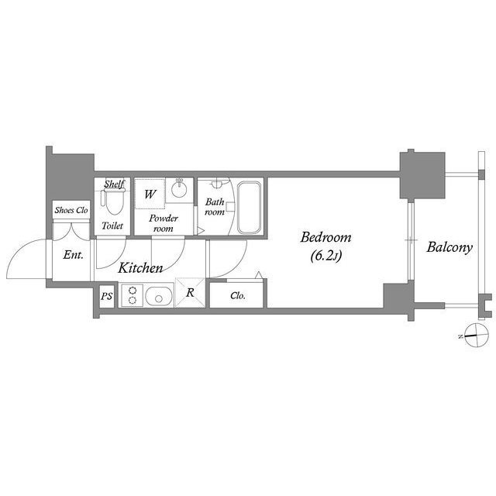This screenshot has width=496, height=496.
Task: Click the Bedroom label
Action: coord(325,237)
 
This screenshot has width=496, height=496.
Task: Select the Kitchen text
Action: coord(140,268)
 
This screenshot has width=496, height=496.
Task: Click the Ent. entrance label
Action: coord(74,254)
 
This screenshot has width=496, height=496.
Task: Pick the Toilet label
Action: coord(112,226)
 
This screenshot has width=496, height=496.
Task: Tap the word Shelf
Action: coord(115,184)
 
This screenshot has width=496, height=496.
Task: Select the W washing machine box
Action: coord(150,194)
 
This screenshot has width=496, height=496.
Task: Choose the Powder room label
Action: coord(164,223)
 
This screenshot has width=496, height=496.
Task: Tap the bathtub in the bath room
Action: coord(250,208)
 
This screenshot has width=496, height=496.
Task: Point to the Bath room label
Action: coord(215,206)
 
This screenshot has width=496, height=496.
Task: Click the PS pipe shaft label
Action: coord(105,297)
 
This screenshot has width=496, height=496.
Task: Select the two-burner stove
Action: coord(132,296)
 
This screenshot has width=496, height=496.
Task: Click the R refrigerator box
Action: coord(190,293)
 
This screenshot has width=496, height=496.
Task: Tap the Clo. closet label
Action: coord(239,295)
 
